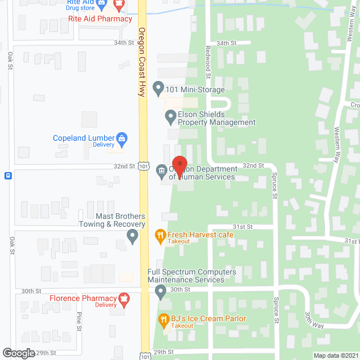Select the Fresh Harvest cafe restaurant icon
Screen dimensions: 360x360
[160, 235]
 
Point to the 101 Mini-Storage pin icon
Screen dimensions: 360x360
[158, 89]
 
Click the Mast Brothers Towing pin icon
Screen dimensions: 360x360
[132, 237]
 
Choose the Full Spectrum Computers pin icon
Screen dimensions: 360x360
[161, 292]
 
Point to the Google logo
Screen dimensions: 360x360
[18, 353]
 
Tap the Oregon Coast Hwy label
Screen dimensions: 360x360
[142, 62]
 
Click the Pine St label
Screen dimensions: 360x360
[79, 320]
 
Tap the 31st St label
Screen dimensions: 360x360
[243, 226]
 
